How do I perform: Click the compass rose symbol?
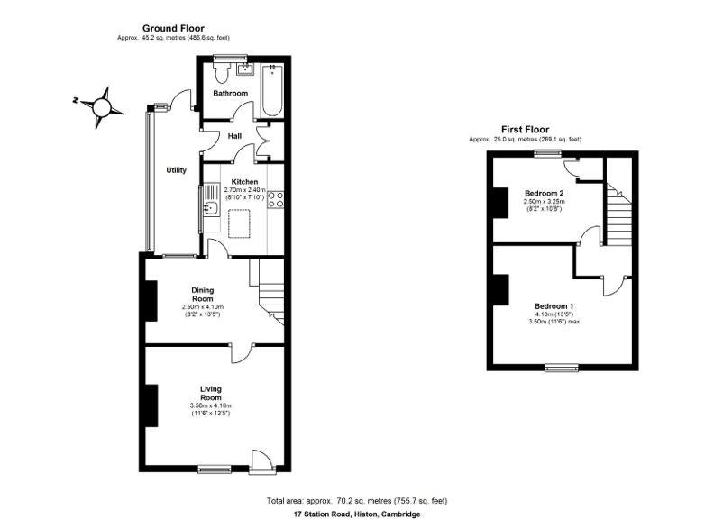[101, 107]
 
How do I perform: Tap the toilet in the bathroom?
[222, 72]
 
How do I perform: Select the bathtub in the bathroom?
[272, 91]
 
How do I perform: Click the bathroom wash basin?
[246, 68]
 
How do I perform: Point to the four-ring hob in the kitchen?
[276, 199]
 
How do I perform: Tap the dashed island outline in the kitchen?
[239, 223]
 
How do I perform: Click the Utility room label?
[176, 170]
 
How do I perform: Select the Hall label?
[234, 136]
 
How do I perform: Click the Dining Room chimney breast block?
[151, 301]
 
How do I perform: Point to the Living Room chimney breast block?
[151, 405]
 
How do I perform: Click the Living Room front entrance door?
[261, 462]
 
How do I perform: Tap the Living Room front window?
[215, 469]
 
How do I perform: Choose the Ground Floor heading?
[173, 29]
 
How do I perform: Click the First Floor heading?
[525, 130]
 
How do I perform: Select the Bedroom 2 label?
[545, 193]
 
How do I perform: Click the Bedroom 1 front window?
[563, 368]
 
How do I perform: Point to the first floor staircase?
[618, 214]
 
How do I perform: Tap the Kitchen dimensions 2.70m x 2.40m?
[244, 190]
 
